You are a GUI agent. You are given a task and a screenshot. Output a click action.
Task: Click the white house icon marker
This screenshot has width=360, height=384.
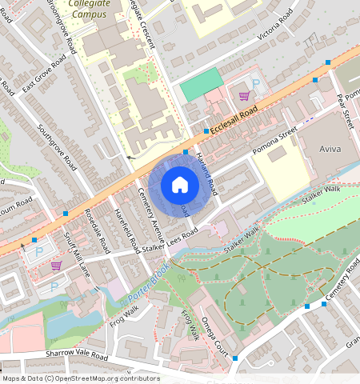pos(180,185)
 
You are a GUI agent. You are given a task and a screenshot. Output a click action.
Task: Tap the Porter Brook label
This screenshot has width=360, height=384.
pos(149,290)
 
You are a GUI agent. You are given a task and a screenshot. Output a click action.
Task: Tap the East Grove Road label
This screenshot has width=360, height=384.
pos(44,75)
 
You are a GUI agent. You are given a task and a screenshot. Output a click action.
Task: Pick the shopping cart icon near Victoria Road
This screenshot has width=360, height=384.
pos(244,95)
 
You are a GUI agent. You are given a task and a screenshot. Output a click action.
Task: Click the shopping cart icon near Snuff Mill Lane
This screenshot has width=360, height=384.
pos(56,265)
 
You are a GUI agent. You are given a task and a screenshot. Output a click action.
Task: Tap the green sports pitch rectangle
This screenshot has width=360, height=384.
pos(201,84)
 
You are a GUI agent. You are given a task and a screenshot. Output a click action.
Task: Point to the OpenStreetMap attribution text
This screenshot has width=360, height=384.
pos(80,378)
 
